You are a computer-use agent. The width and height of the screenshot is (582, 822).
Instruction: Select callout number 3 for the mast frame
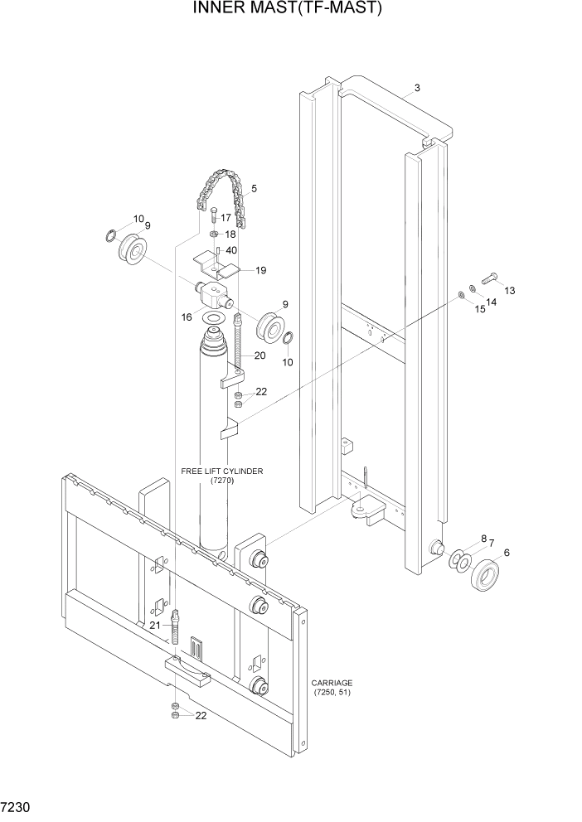tap(417, 88)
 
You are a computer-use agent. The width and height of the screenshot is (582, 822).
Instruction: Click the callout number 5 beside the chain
tap(253, 188)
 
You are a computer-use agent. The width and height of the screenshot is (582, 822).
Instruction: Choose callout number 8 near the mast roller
tap(483, 540)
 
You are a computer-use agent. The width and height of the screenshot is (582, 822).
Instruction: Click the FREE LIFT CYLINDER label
tap(221, 476)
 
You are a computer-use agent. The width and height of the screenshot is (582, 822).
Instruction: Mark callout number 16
tap(187, 317)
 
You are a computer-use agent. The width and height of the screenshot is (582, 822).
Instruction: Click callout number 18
tap(230, 235)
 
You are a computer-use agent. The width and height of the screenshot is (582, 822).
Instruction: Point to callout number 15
tap(479, 309)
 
